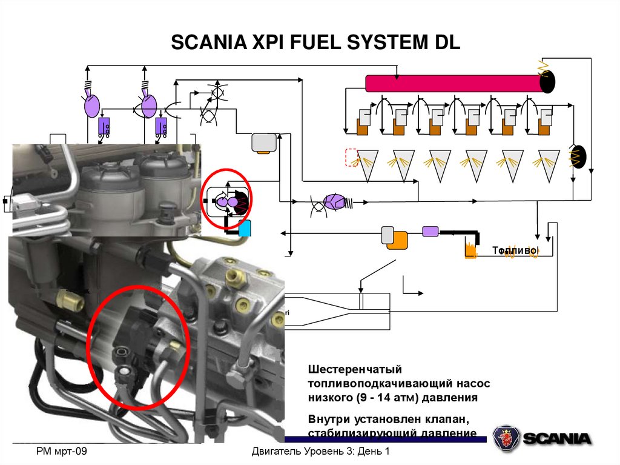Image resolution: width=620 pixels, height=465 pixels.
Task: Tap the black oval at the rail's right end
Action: (547, 81)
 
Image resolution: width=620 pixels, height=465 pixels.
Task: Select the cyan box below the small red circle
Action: (245, 229)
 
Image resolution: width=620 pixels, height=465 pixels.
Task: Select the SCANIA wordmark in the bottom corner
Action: (557, 438)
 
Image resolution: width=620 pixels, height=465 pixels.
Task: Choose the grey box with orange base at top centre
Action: (263, 142)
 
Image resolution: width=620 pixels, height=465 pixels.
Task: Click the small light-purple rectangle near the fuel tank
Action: (430, 230)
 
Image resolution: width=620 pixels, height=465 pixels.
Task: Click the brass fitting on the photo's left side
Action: (64, 298)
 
